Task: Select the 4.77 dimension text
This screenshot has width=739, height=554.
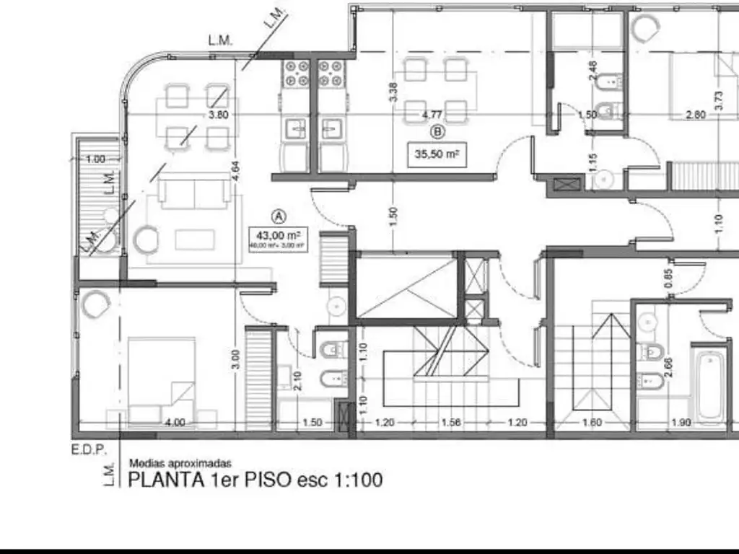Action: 432,115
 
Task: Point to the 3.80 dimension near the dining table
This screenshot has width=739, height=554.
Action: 218,115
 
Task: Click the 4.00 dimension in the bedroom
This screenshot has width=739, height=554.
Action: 175,423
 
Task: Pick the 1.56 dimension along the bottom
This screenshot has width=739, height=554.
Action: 450,423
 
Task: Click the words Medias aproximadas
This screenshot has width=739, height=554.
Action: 180,465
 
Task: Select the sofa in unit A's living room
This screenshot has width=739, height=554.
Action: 183,193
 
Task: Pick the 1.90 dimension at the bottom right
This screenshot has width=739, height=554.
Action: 681,423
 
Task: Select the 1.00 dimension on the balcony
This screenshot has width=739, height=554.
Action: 95,159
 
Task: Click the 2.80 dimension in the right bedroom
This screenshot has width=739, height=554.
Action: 696,115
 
